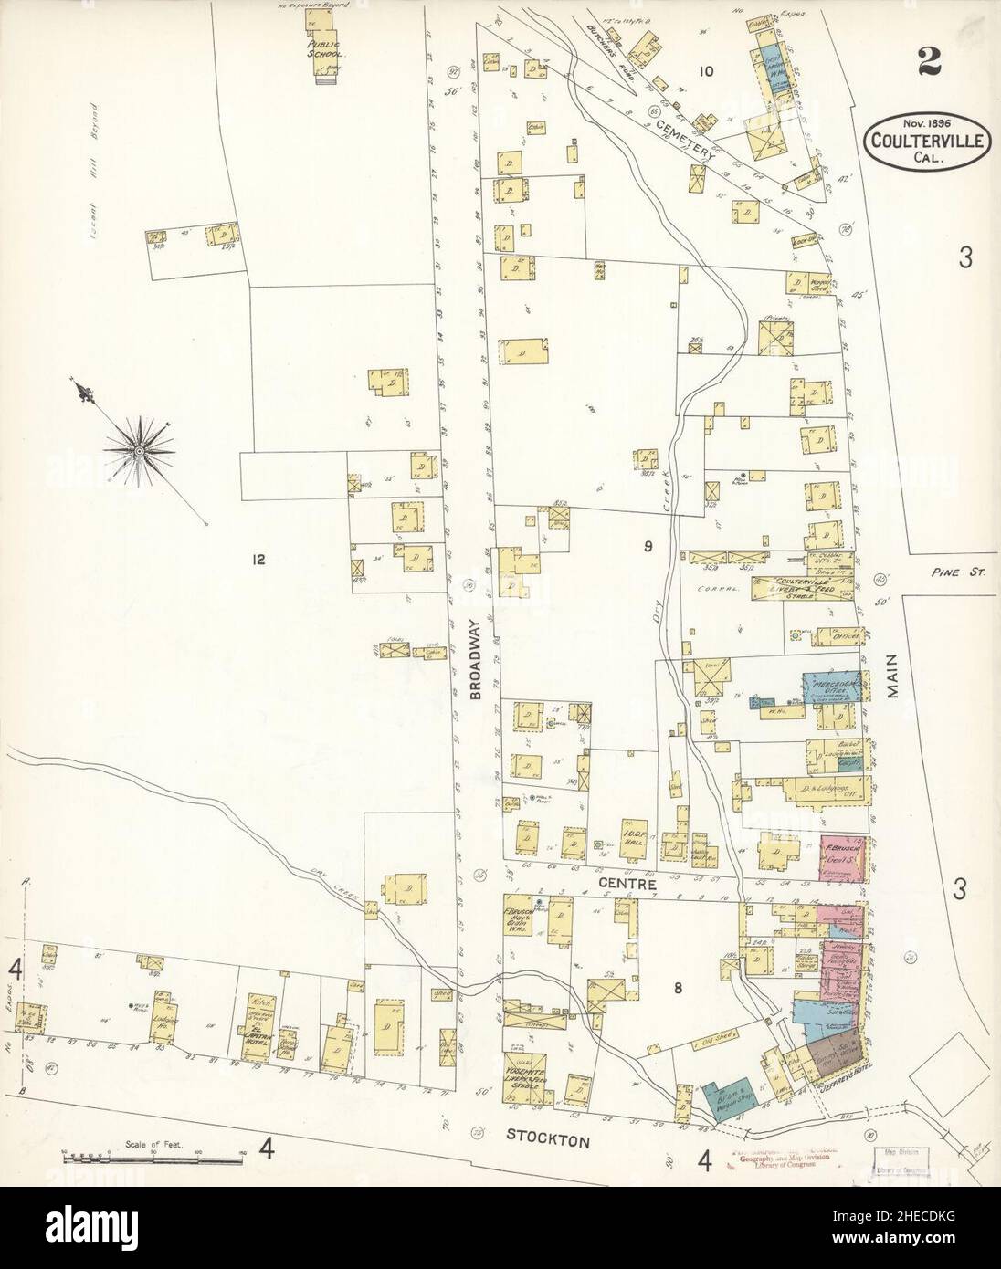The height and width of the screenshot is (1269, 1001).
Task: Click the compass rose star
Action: point(138,448)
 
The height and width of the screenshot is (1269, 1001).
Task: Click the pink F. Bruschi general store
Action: point(838,859)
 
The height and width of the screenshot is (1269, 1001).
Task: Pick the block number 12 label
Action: point(258,560)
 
